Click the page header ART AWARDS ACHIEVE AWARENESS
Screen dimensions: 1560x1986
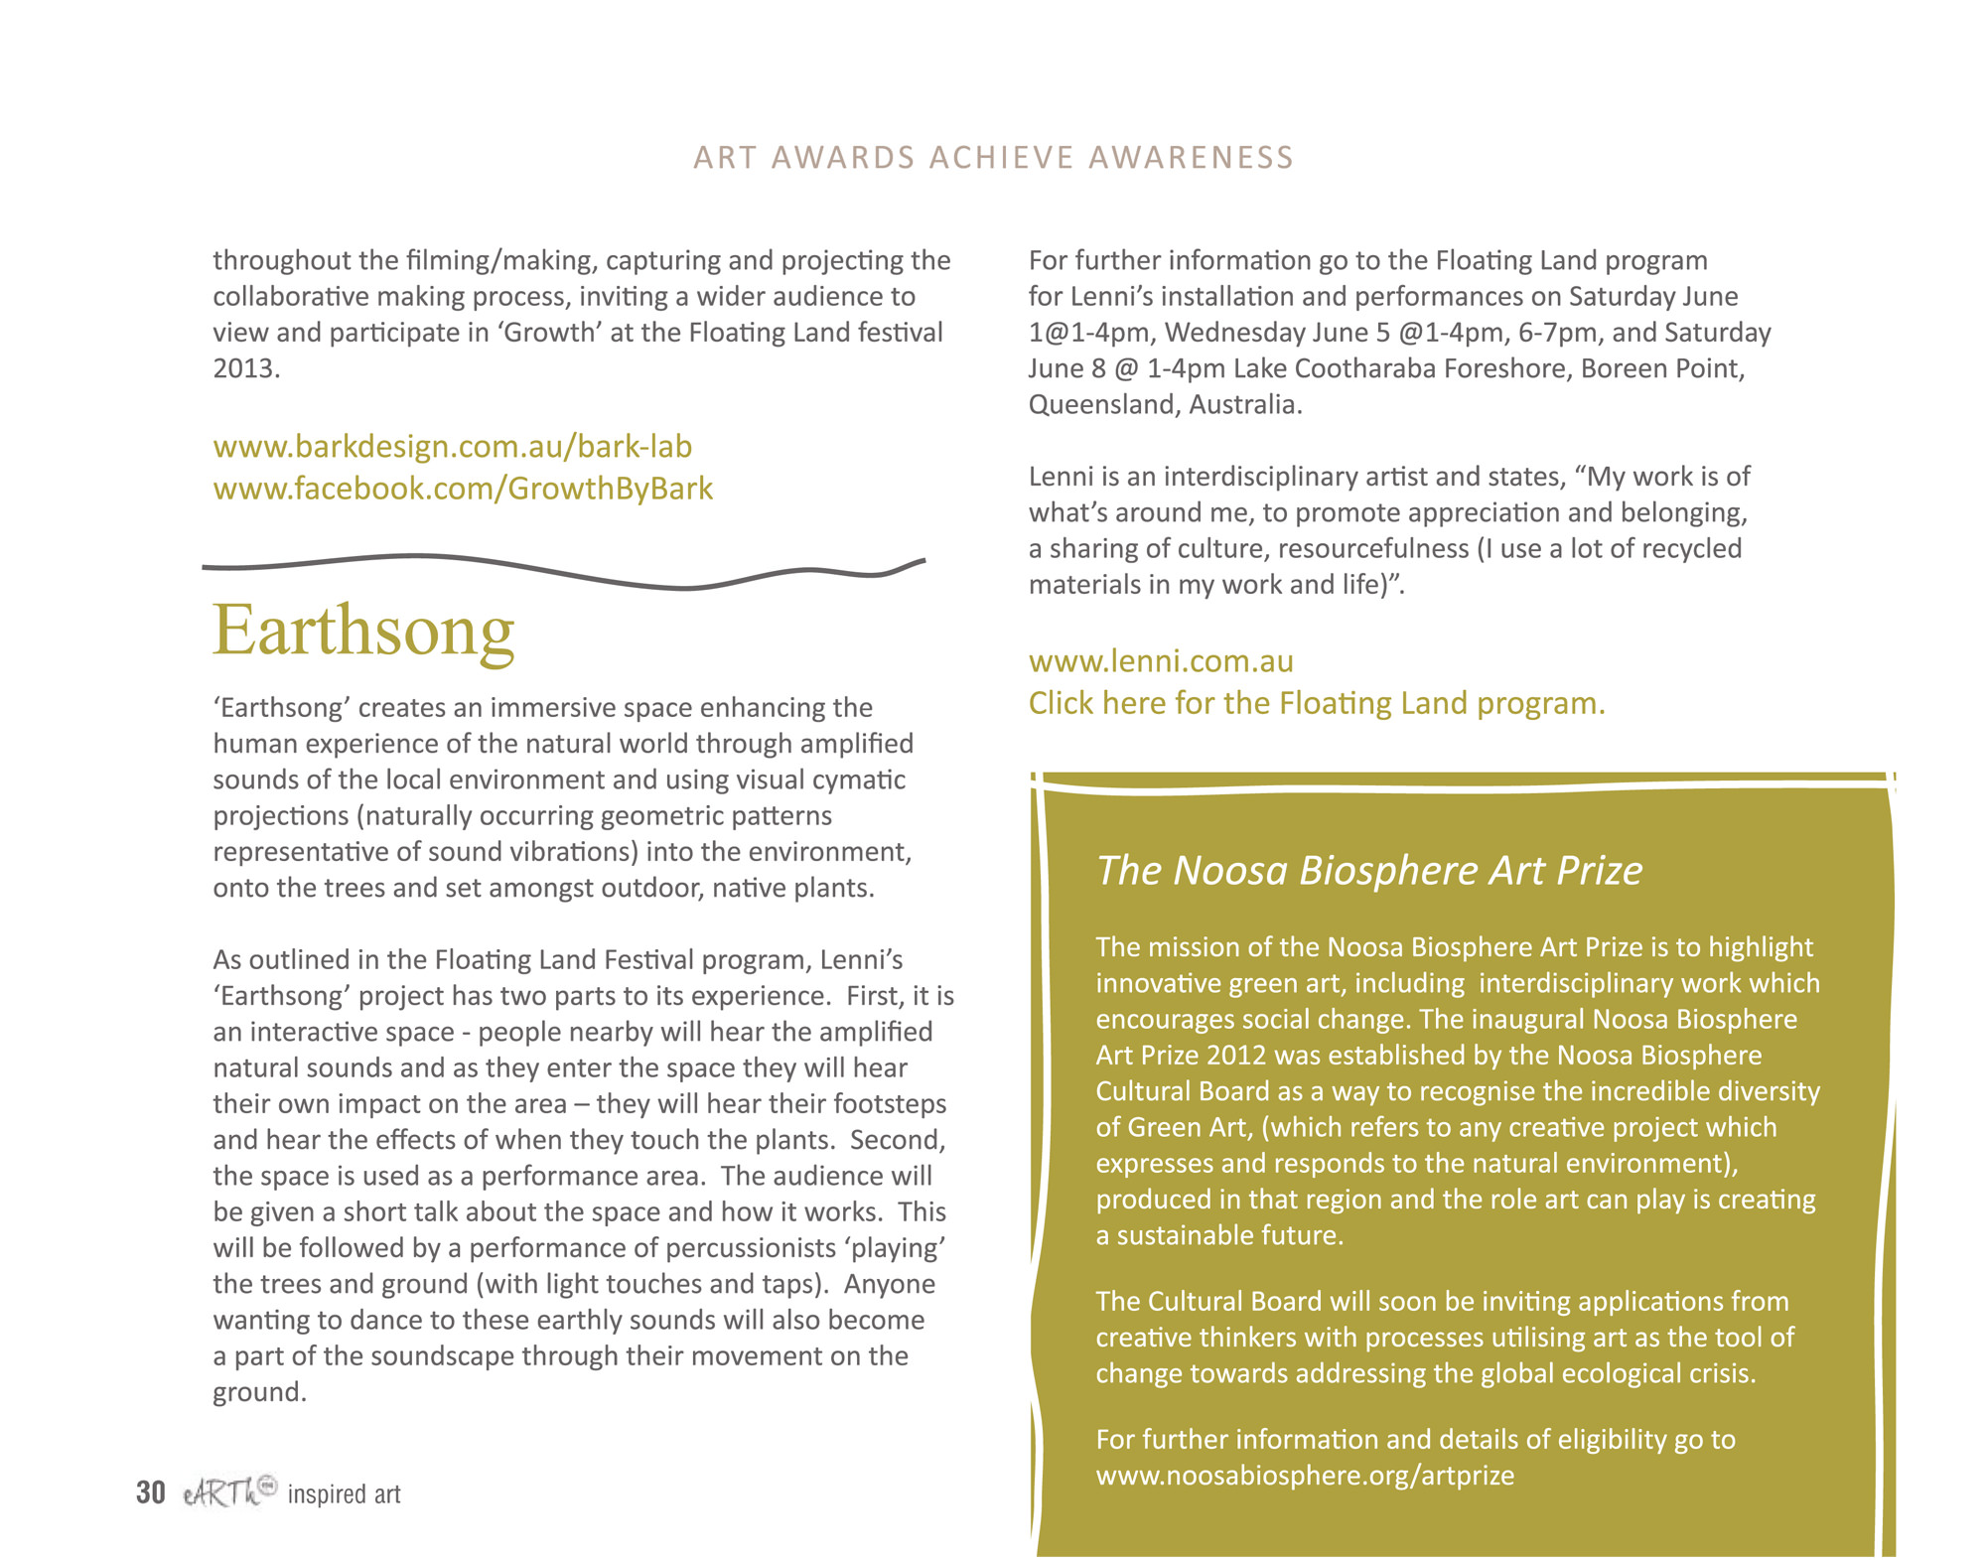(x=993, y=158)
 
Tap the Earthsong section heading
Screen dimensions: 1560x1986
(x=363, y=631)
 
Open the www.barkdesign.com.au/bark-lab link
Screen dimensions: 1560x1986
(x=452, y=447)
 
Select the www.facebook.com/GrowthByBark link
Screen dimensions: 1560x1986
(x=463, y=489)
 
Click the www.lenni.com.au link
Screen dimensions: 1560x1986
(x=1160, y=661)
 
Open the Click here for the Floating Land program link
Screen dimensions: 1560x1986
(x=1316, y=703)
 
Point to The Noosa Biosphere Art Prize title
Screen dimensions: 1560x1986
(x=1368, y=870)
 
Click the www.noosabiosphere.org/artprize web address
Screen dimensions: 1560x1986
(x=1304, y=1476)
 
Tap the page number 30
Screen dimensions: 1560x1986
(x=151, y=1492)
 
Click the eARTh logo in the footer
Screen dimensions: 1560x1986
(x=228, y=1491)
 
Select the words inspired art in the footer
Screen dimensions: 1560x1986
(x=344, y=1494)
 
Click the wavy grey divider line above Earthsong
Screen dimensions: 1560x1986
(x=562, y=572)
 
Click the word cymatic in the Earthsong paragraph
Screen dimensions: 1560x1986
(x=858, y=780)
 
